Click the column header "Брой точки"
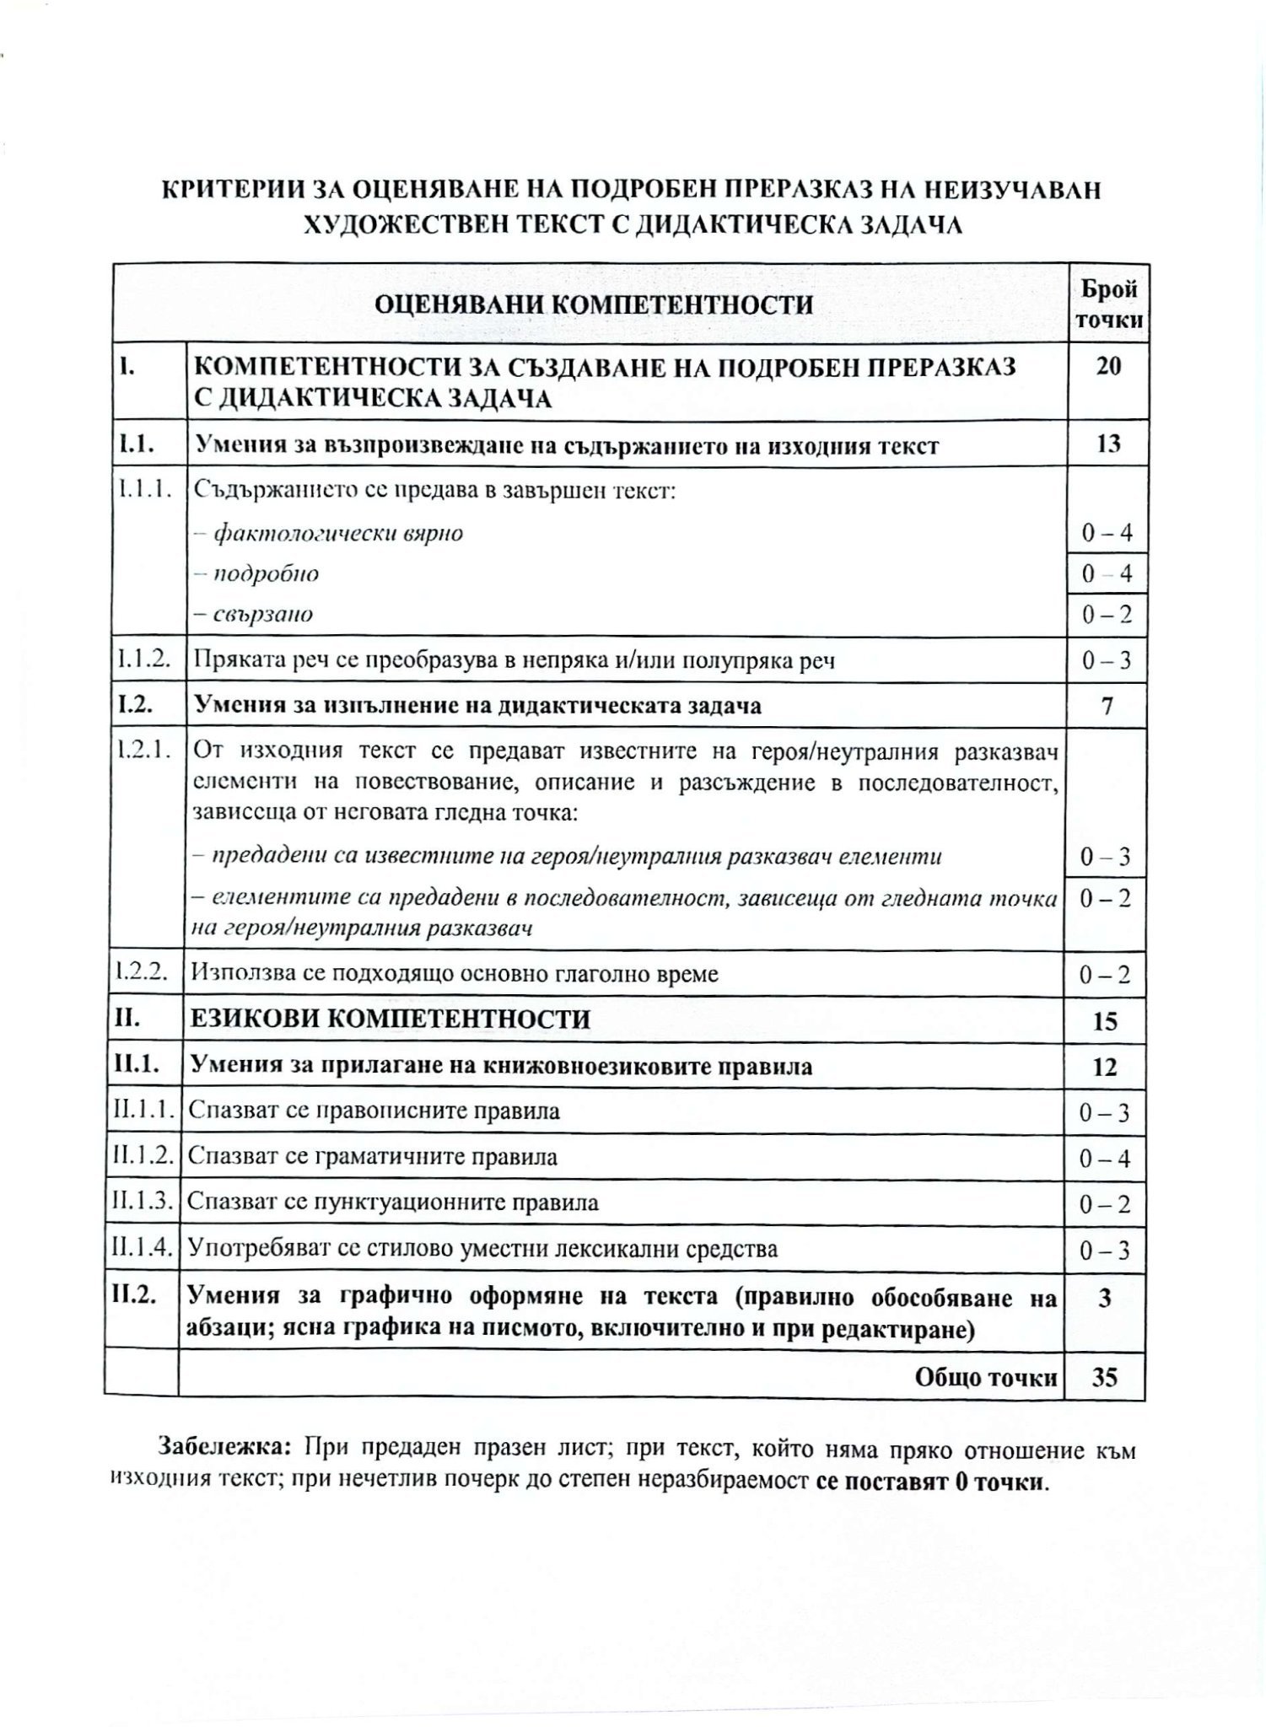pyautogui.click(x=1108, y=304)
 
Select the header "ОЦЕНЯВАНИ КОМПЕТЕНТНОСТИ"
pyautogui.click(x=594, y=304)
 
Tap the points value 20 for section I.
pyautogui.click(x=1108, y=367)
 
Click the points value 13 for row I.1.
pyautogui.click(x=1108, y=444)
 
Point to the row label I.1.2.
pyautogui.click(x=143, y=659)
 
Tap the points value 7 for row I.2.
pyautogui.click(x=1107, y=705)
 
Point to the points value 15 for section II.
pyautogui.click(x=1105, y=1021)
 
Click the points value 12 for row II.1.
pyautogui.click(x=1105, y=1068)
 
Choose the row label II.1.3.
pyautogui.click(x=141, y=1202)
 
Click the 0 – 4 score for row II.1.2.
pyautogui.click(x=1105, y=1159)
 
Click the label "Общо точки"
pyautogui.click(x=985, y=1377)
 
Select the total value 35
pyautogui.click(x=1105, y=1377)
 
